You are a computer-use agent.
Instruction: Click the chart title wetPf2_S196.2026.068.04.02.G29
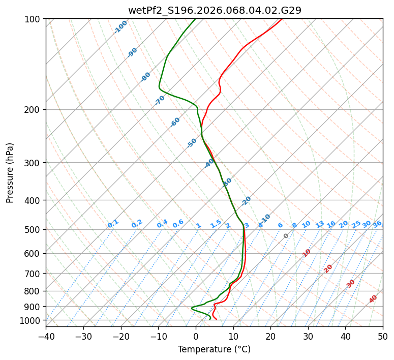[x=214, y=10]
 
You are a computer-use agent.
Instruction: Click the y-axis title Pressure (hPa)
[x=10, y=173]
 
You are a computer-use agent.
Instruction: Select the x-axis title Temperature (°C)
[x=214, y=350]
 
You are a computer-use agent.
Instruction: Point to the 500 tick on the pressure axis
[x=34, y=229]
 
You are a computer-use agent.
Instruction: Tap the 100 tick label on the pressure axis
[x=34, y=19]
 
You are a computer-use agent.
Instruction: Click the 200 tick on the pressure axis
[x=34, y=109]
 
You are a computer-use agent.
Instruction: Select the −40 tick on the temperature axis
[x=46, y=336]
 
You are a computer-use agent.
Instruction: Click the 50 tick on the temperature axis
[x=383, y=336]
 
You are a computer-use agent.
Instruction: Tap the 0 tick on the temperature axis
[x=196, y=336]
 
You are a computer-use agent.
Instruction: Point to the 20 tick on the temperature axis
[x=270, y=336]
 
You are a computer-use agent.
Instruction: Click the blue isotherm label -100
[x=120, y=27]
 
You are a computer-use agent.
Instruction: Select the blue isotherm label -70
[x=160, y=100]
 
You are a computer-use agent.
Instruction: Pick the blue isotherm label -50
[x=192, y=143]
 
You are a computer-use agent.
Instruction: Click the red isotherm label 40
[x=373, y=299]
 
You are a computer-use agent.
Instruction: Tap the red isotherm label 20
[x=328, y=268]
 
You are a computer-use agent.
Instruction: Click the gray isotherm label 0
[x=286, y=236]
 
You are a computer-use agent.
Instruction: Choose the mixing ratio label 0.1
[x=113, y=224]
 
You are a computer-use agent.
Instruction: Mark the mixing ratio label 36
[x=377, y=224]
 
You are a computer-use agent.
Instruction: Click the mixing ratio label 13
[x=320, y=224]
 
